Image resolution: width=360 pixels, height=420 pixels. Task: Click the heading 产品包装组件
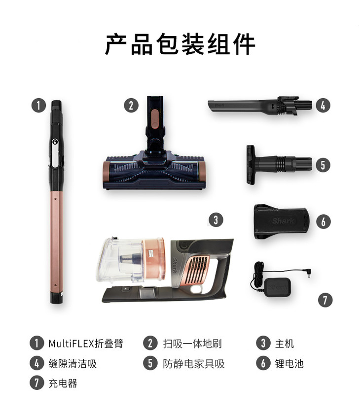click(x=180, y=44)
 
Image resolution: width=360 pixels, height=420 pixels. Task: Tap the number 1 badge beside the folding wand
click(x=38, y=105)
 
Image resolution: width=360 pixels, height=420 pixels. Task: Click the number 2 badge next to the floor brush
click(x=131, y=105)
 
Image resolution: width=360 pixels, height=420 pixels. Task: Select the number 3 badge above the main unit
click(x=216, y=220)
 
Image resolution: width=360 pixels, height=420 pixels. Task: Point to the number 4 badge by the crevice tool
click(x=323, y=105)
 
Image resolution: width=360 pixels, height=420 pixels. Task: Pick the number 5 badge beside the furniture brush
click(x=323, y=165)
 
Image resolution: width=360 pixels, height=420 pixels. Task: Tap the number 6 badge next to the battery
click(x=323, y=222)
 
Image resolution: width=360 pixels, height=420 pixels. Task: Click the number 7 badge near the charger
click(x=325, y=300)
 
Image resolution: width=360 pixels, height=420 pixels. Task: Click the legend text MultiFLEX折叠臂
click(x=86, y=344)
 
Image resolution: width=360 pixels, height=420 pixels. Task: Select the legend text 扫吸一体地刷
click(x=192, y=344)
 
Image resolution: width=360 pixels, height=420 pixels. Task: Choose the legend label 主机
click(x=285, y=344)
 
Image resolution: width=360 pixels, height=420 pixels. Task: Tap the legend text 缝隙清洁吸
click(x=72, y=363)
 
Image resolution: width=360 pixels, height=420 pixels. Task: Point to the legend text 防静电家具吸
click(x=194, y=363)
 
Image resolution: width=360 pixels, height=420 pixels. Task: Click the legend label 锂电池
click(x=289, y=363)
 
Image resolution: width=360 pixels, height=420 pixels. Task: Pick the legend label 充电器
click(x=63, y=383)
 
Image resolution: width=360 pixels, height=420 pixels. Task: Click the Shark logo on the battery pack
click(x=283, y=221)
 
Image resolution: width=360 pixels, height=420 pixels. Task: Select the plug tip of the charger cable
click(x=309, y=273)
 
